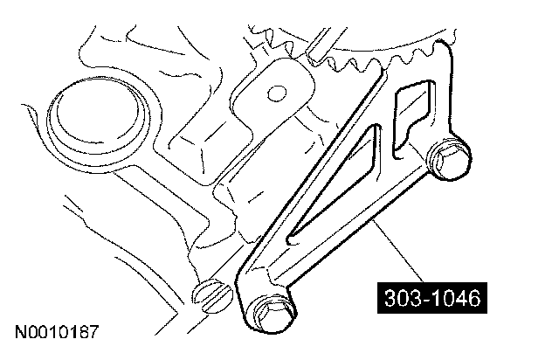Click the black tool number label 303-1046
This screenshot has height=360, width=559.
[432, 298]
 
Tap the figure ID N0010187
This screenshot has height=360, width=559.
[56, 332]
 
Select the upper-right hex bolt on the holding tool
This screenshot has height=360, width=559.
[449, 159]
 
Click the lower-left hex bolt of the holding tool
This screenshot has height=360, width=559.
[272, 313]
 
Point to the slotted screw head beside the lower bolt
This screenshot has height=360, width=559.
[212, 296]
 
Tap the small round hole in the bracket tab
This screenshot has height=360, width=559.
[277, 93]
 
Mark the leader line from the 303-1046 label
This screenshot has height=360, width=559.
[398, 252]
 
